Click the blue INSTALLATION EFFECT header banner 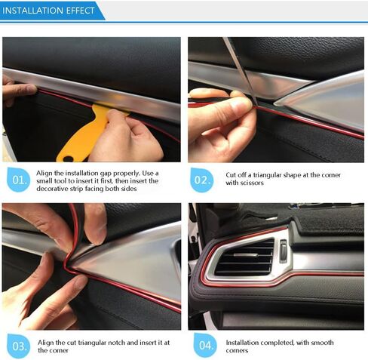(x=51, y=11)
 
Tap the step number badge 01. (x=19, y=180)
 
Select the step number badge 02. (x=201, y=180)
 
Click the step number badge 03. (x=19, y=346)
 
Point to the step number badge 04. (x=205, y=345)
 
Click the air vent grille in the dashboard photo (x=244, y=257)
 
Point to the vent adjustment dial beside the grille (x=284, y=251)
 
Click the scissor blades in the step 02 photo (x=240, y=70)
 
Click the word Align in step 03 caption (x=46, y=343)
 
